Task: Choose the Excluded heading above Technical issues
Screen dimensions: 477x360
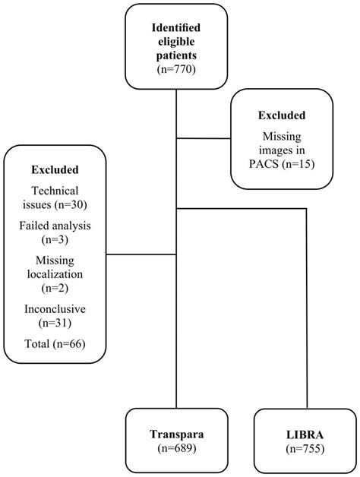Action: (x=55, y=169)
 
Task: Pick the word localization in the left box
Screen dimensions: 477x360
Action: (x=55, y=273)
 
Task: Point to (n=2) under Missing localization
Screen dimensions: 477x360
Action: (x=55, y=289)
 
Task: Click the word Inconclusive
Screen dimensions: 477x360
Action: (x=55, y=309)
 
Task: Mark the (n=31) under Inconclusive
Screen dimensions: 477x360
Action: (x=55, y=324)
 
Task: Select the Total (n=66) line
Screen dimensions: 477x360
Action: (x=55, y=344)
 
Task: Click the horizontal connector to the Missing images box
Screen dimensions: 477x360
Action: (x=204, y=138)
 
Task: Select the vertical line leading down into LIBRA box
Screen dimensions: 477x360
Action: (x=307, y=304)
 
